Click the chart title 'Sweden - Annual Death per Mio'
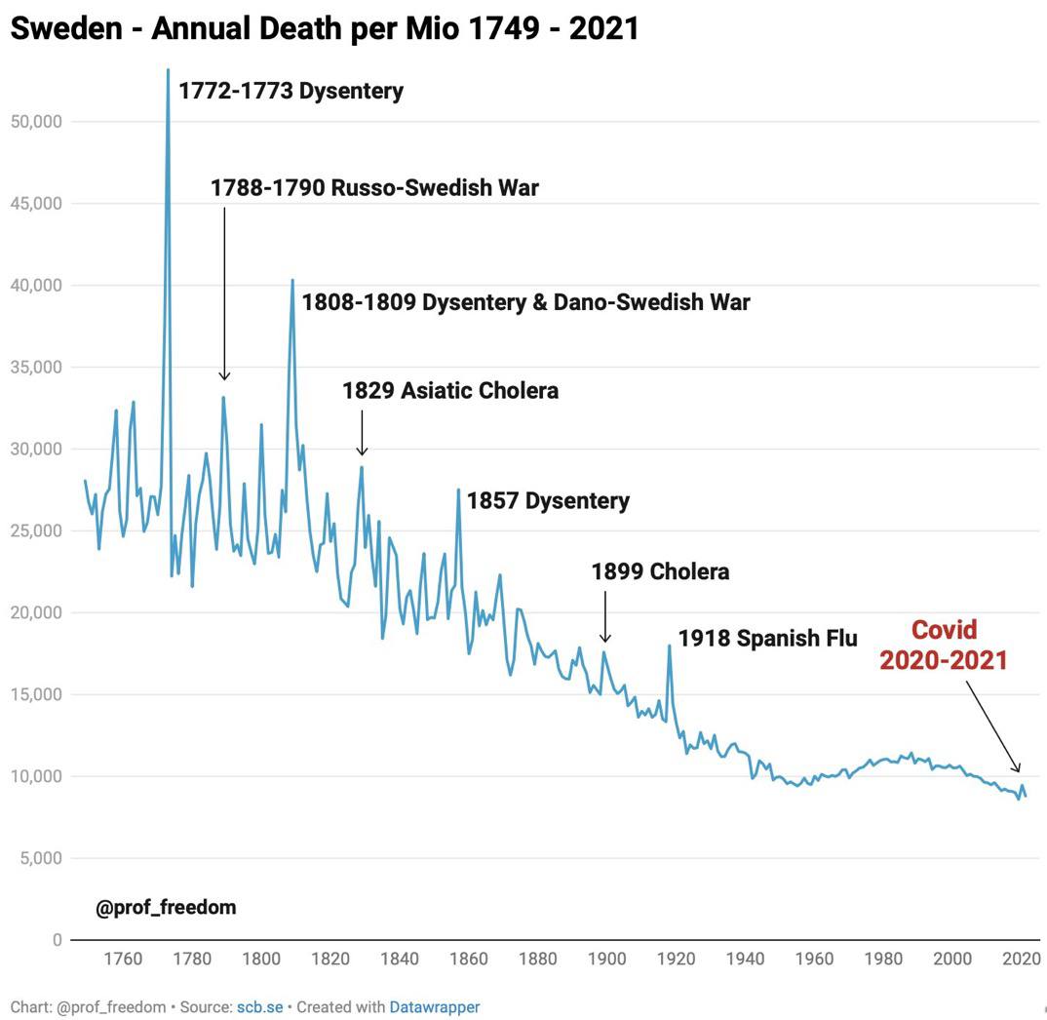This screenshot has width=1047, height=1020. coord(324,27)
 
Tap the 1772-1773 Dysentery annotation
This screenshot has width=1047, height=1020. coord(291,92)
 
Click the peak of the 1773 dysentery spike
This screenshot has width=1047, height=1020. coord(168,70)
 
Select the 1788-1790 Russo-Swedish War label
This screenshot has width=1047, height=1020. coord(374,187)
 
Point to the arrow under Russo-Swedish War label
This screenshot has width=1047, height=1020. coord(224,293)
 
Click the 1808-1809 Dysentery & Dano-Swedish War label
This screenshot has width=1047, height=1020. coord(525,302)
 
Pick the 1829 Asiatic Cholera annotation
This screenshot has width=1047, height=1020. coord(449,391)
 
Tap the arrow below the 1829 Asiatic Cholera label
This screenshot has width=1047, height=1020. coord(362,434)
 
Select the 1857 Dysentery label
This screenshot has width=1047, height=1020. coord(548,501)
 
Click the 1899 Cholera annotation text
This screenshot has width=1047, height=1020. coord(660,571)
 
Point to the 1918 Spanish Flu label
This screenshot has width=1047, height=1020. coord(767,639)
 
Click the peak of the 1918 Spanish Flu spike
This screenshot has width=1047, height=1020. coord(669,646)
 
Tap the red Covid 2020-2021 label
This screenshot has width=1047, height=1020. coord(943,645)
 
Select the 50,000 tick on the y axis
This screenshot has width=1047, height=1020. coord(35,122)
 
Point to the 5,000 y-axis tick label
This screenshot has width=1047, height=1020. coord(39,858)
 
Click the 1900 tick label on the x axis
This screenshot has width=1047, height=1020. coord(606,959)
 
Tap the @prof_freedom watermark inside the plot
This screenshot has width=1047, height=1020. coord(166,908)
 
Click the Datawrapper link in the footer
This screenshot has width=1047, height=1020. coord(435,1006)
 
